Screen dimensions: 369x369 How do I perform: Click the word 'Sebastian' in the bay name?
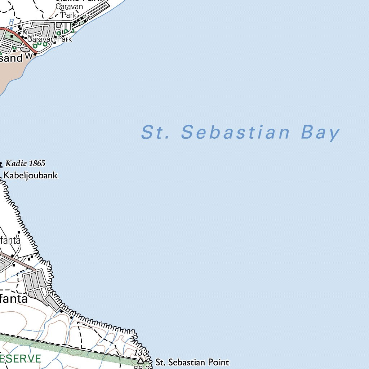click(236, 132)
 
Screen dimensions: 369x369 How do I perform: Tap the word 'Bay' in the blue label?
click(320, 133)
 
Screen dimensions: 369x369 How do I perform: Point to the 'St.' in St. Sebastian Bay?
click(155, 132)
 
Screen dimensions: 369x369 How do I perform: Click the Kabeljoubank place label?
click(30, 176)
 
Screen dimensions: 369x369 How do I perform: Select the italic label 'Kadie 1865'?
click(25, 164)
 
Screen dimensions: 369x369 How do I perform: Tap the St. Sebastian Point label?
click(192, 362)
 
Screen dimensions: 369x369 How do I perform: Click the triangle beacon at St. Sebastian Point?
click(140, 360)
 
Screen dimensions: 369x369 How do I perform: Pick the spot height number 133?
click(141, 352)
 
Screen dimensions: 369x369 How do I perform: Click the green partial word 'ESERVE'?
click(21, 359)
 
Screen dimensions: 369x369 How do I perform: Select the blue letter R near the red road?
click(11, 22)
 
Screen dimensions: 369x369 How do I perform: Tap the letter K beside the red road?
click(25, 32)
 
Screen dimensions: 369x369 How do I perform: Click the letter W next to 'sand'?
click(29, 56)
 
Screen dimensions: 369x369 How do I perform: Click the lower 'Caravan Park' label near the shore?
click(50, 39)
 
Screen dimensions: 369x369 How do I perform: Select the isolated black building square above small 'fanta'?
click(19, 232)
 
